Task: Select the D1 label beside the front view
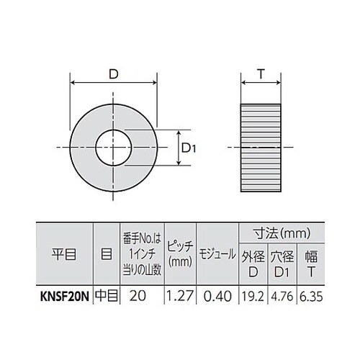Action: (188, 148)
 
